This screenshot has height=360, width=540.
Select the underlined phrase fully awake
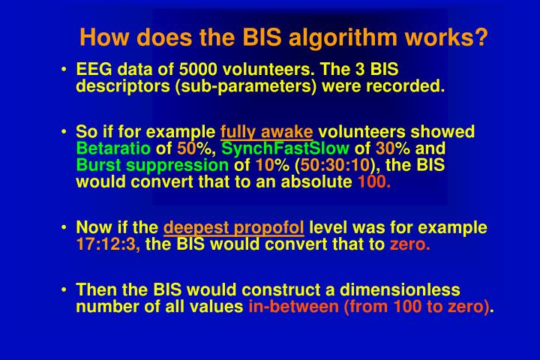click(266, 132)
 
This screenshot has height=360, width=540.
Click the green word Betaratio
click(113, 148)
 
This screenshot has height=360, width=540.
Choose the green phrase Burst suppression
click(153, 164)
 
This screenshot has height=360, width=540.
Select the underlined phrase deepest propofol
click(234, 228)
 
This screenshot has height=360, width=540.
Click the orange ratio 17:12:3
click(108, 244)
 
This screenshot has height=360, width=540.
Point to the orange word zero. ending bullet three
click(409, 244)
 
